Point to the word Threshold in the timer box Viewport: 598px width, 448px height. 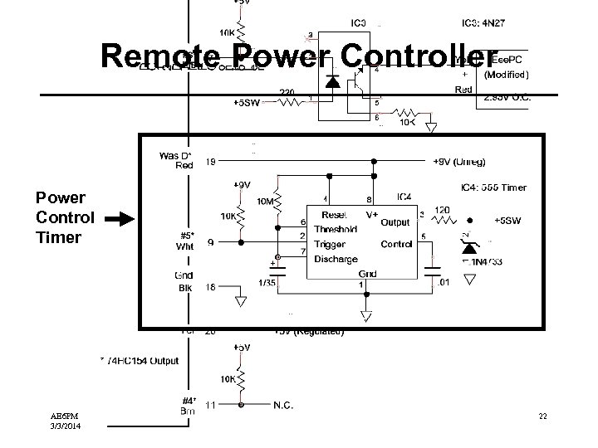click(336, 229)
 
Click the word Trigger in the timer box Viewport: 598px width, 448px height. click(329, 244)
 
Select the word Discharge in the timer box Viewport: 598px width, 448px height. click(336, 260)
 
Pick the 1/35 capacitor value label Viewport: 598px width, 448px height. click(268, 283)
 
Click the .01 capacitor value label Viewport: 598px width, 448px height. click(445, 284)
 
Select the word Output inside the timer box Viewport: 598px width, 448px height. click(395, 222)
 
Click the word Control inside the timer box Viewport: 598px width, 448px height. click(396, 244)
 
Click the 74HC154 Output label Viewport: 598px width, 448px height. click(140, 361)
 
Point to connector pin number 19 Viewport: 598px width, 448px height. click(211, 162)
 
